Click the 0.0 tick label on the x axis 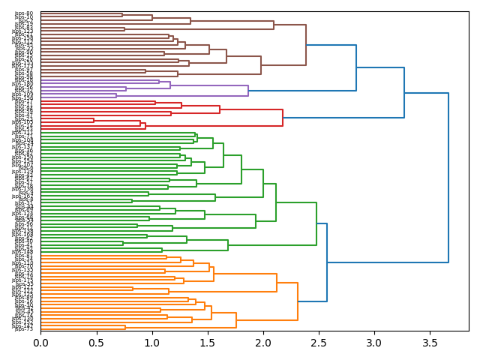pos(40,343)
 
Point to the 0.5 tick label pos(96,343)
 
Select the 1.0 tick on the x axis pos(151,343)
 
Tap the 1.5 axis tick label pos(207,343)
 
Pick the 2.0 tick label pos(262,343)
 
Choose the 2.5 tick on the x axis pos(318,343)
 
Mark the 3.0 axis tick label pos(373,343)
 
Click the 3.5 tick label pos(429,343)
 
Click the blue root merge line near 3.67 pos(448,178)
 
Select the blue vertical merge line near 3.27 pos(404,93)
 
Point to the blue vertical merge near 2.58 pos(327,262)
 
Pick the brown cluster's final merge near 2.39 pos(306,45)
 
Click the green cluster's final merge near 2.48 pos(316,223)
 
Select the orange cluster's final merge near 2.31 pos(298,301)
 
